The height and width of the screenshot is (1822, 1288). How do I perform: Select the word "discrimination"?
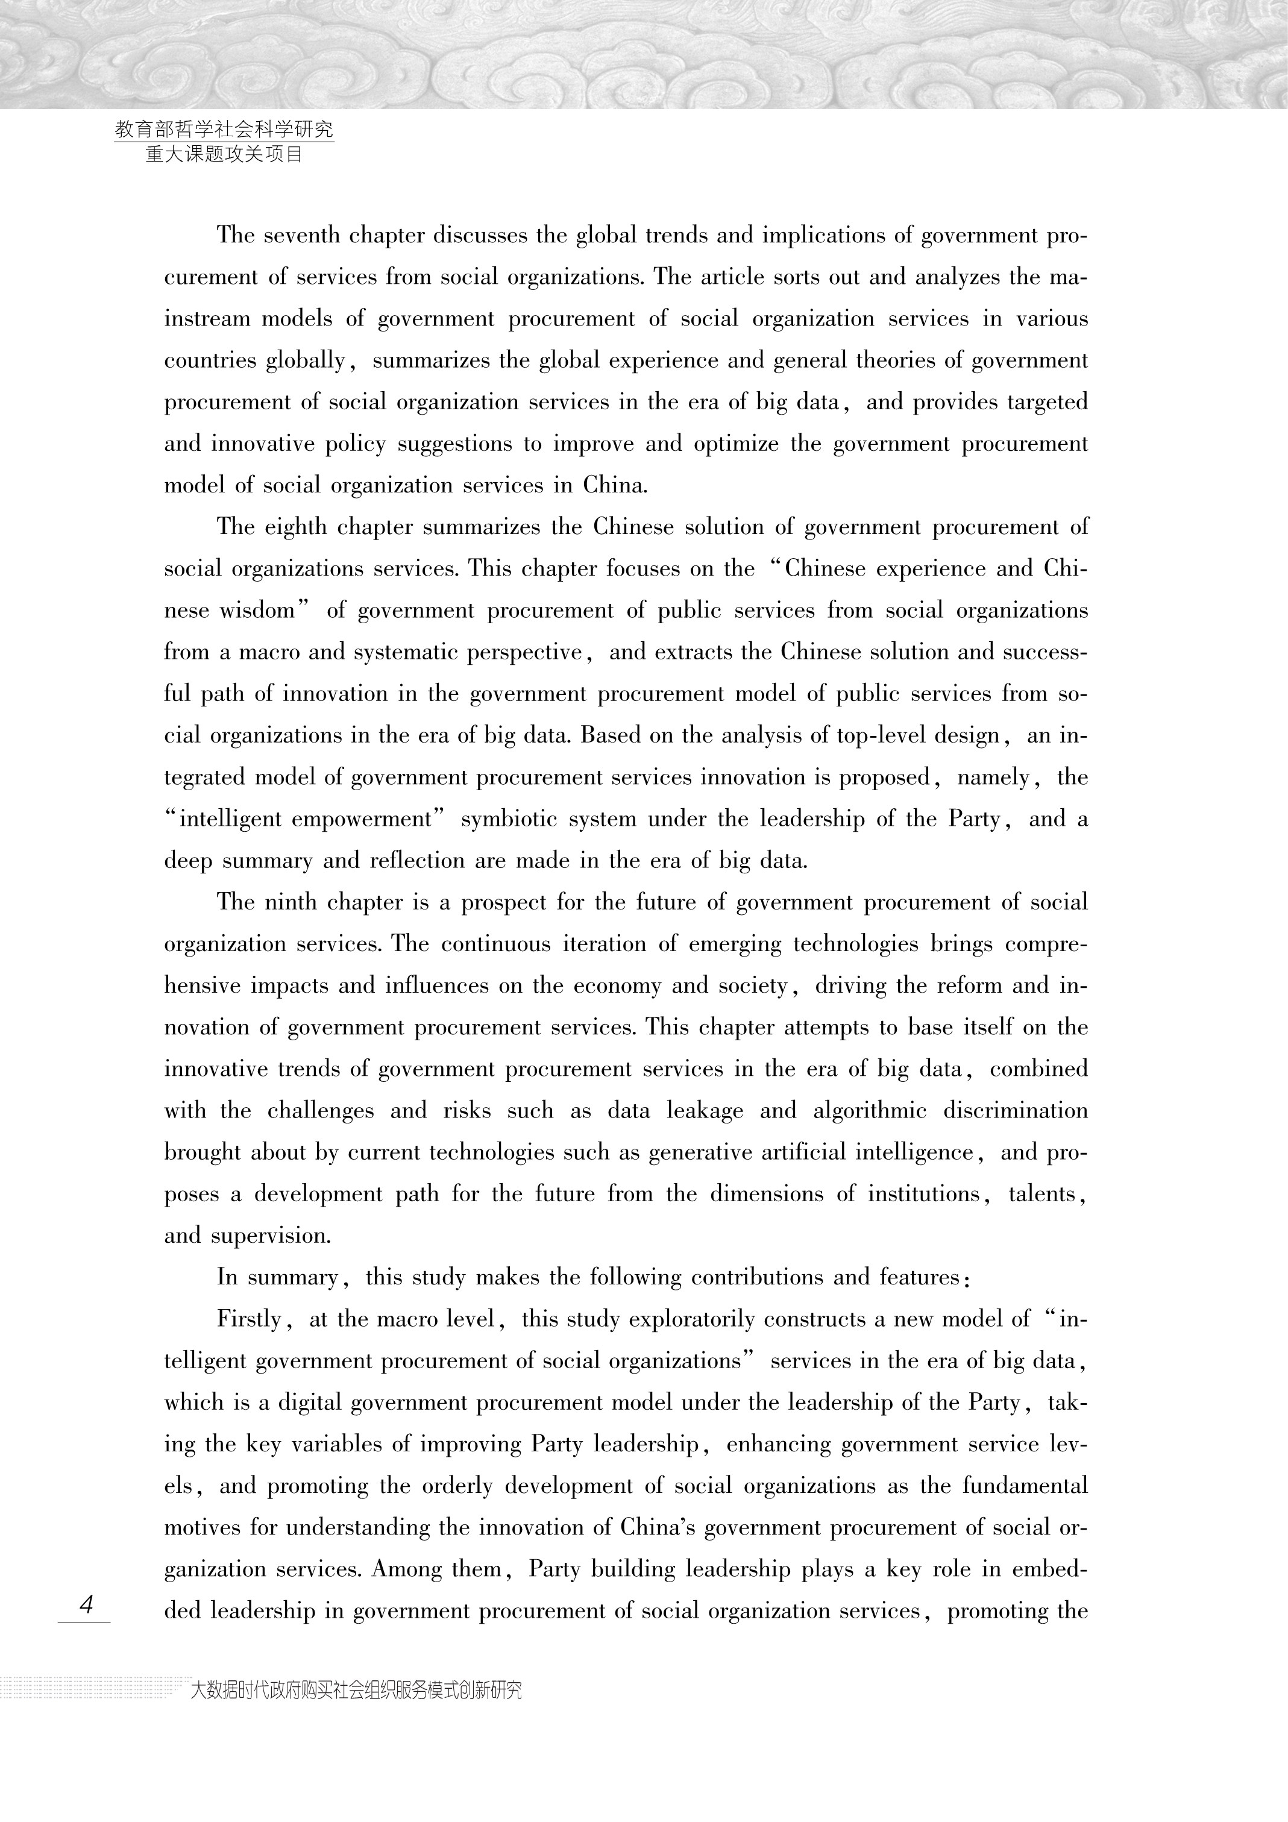click(x=1015, y=1111)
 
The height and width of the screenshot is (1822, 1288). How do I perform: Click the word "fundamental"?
click(x=1025, y=1486)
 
